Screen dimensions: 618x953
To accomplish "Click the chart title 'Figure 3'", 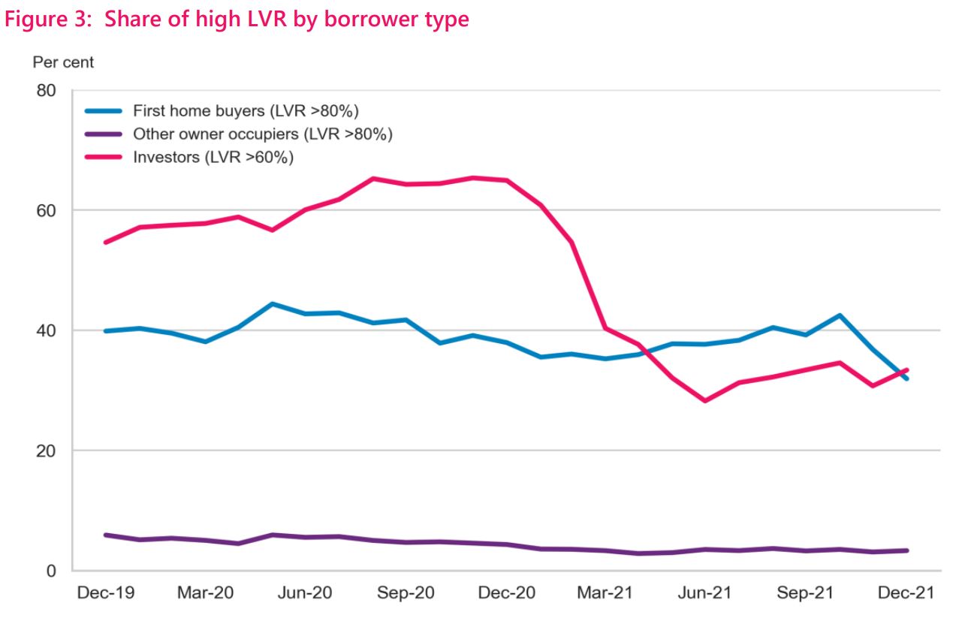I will coord(237,19).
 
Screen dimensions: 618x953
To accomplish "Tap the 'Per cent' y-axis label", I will coord(63,62).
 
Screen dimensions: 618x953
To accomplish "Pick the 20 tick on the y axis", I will coord(45,451).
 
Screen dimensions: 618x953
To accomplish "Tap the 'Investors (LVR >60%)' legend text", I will coord(213,157).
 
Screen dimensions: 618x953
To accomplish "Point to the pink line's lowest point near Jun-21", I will coord(704,401).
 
